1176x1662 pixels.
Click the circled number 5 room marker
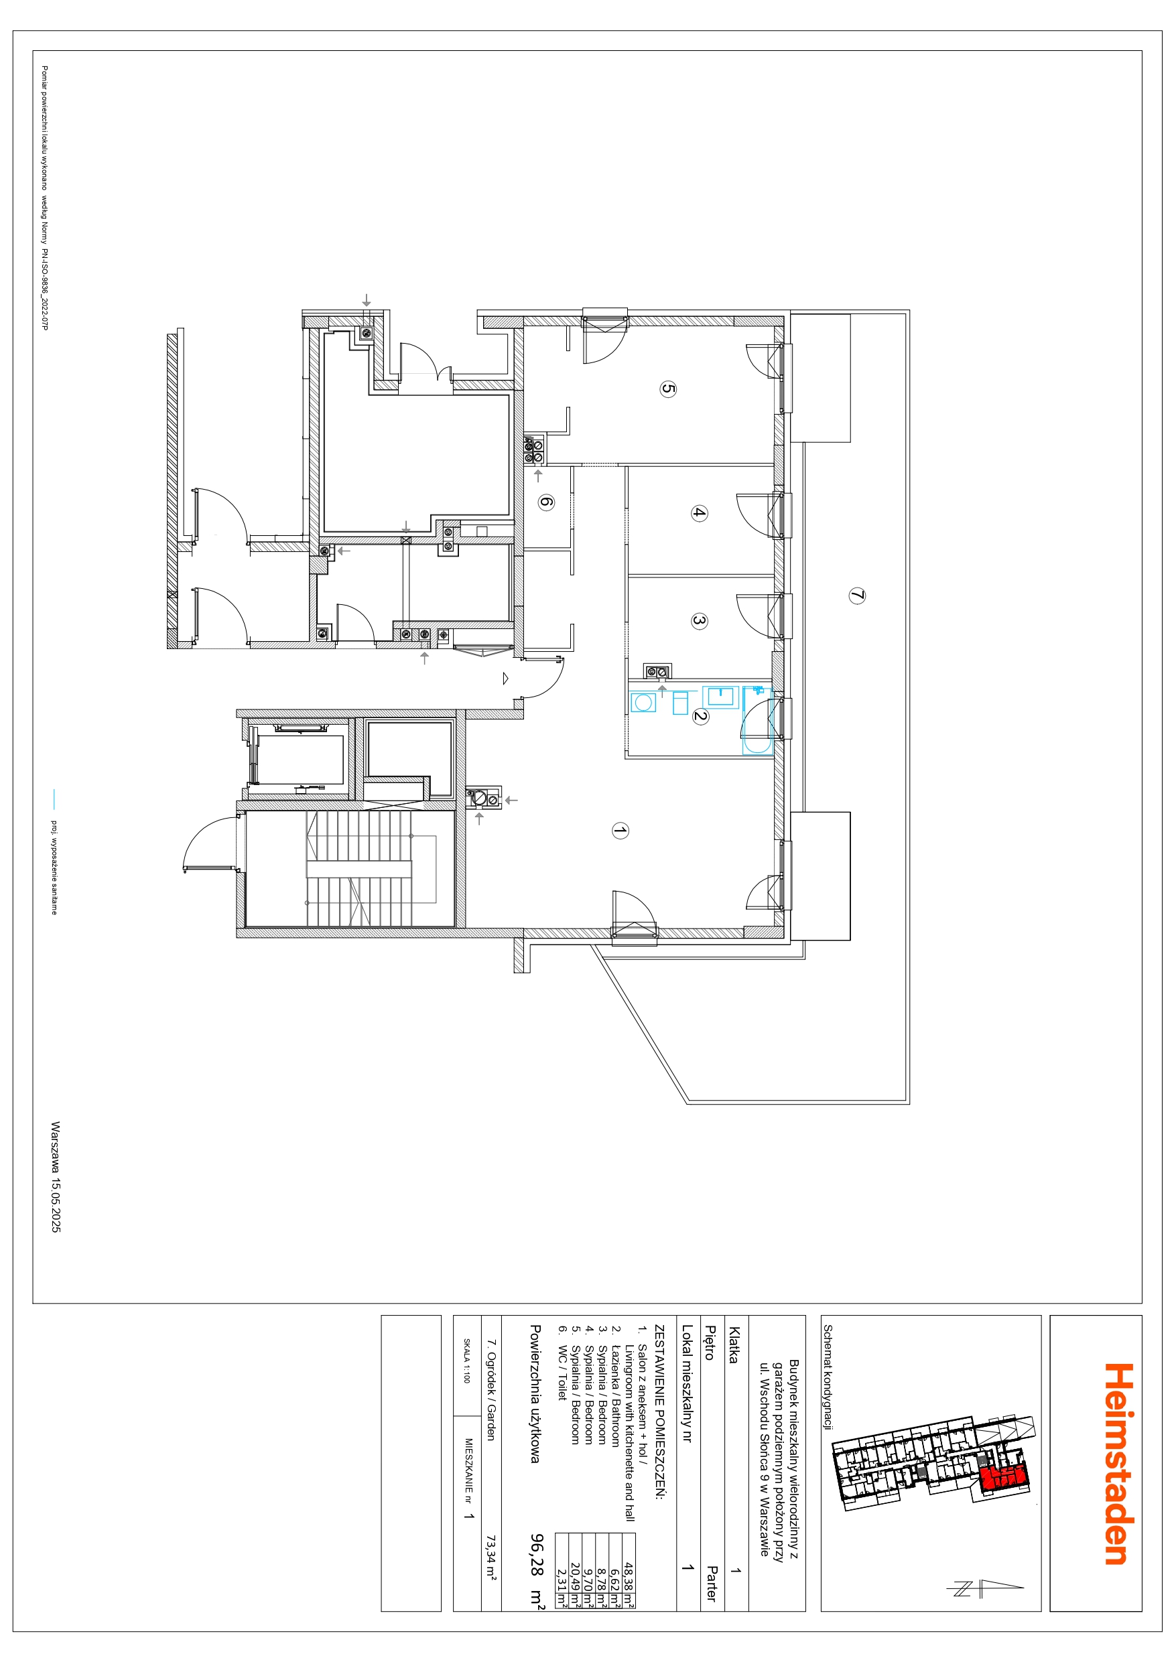(x=667, y=389)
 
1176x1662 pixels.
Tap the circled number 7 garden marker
(x=856, y=596)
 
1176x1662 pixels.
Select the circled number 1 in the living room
(x=620, y=830)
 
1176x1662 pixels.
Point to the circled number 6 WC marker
(x=547, y=502)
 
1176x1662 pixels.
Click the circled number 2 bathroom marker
(x=700, y=717)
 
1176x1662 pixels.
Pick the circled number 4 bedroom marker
(x=698, y=513)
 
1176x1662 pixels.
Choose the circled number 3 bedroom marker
(x=698, y=621)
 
